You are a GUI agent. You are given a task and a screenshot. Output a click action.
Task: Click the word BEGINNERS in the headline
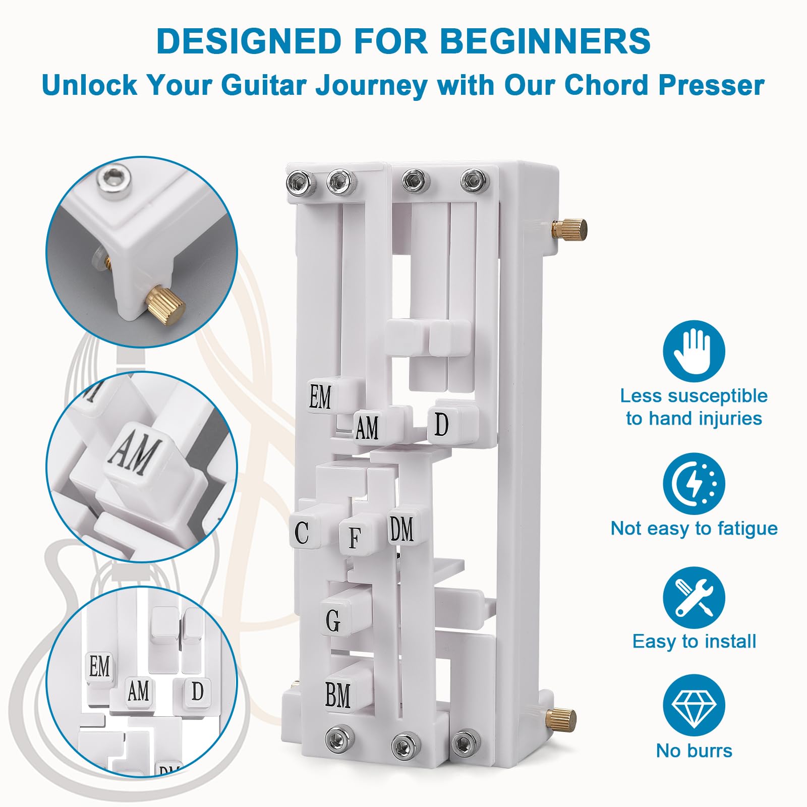545,41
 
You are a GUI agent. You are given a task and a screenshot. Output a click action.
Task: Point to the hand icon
694,351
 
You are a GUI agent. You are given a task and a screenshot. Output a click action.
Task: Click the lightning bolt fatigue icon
694,484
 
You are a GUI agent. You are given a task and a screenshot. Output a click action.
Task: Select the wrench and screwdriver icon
694,597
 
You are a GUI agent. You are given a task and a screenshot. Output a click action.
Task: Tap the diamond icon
694,705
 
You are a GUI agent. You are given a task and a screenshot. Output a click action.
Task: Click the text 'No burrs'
694,751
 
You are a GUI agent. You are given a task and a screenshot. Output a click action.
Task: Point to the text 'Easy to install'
694,642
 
